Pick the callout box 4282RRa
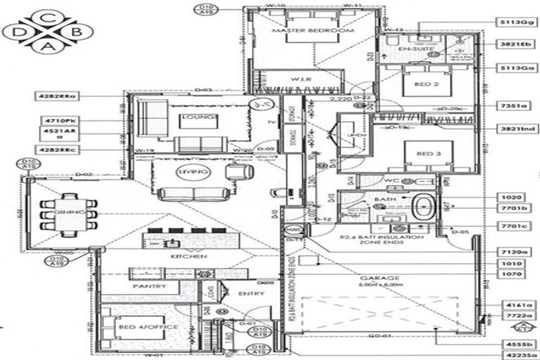pyautogui.click(x=59, y=94)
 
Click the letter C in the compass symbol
pyautogui.click(x=46, y=17)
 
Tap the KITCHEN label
pyautogui.click(x=190, y=257)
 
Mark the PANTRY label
pyautogui.click(x=149, y=286)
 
